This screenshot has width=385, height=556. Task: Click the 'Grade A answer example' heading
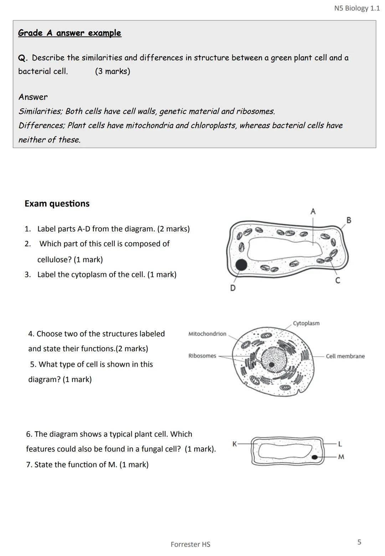pyautogui.click(x=70, y=33)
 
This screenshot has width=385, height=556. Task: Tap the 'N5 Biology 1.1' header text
pyautogui.click(x=357, y=8)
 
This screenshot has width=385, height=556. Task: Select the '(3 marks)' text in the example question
pyautogui.click(x=112, y=71)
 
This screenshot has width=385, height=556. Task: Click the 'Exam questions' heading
pyautogui.click(x=57, y=204)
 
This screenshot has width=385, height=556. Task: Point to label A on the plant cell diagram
pyautogui.click(x=313, y=211)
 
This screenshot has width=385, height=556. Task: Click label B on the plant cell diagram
pyautogui.click(x=349, y=220)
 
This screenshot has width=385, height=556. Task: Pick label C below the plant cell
pyautogui.click(x=338, y=281)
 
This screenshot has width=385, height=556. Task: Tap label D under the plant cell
pyautogui.click(x=233, y=288)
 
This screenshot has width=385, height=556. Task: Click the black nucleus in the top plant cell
pyautogui.click(x=241, y=265)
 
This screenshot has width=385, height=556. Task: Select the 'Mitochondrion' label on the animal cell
pyautogui.click(x=207, y=334)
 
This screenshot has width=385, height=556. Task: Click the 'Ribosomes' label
pyautogui.click(x=202, y=356)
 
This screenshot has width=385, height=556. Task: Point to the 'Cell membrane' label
pyautogui.click(x=345, y=356)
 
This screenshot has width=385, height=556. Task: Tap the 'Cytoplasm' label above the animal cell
pyautogui.click(x=306, y=323)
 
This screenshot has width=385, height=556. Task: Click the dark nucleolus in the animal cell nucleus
pyautogui.click(x=272, y=364)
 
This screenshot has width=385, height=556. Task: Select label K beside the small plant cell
pyautogui.click(x=235, y=444)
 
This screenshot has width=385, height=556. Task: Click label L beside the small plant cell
pyautogui.click(x=340, y=444)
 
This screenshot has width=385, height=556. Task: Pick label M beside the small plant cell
pyautogui.click(x=341, y=457)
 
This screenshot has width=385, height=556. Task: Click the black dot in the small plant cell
pyautogui.click(x=314, y=457)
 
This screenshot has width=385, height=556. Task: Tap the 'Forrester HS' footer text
pyautogui.click(x=190, y=544)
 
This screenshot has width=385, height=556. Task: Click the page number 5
pyautogui.click(x=359, y=542)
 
